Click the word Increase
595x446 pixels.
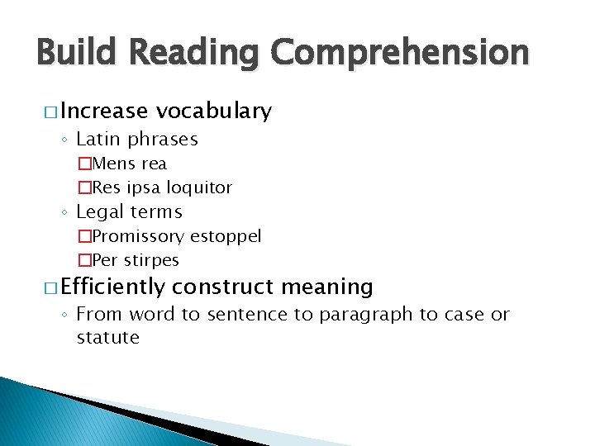tap(103, 111)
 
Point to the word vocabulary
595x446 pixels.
tap(214, 111)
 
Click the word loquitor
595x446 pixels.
tap(199, 187)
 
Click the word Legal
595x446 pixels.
tap(101, 211)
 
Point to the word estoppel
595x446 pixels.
tap(226, 236)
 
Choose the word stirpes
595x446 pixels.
tap(151, 260)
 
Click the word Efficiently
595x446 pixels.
tap(113, 287)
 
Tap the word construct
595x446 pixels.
tap(224, 287)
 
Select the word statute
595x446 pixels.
tap(108, 337)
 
